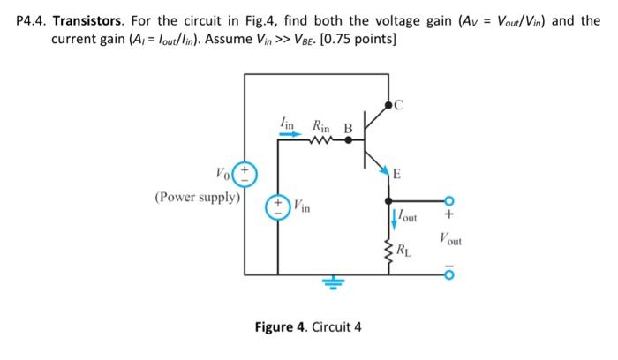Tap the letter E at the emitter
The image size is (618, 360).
pyautogui.click(x=396, y=175)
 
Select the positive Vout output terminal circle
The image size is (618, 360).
pyautogui.click(x=449, y=200)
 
